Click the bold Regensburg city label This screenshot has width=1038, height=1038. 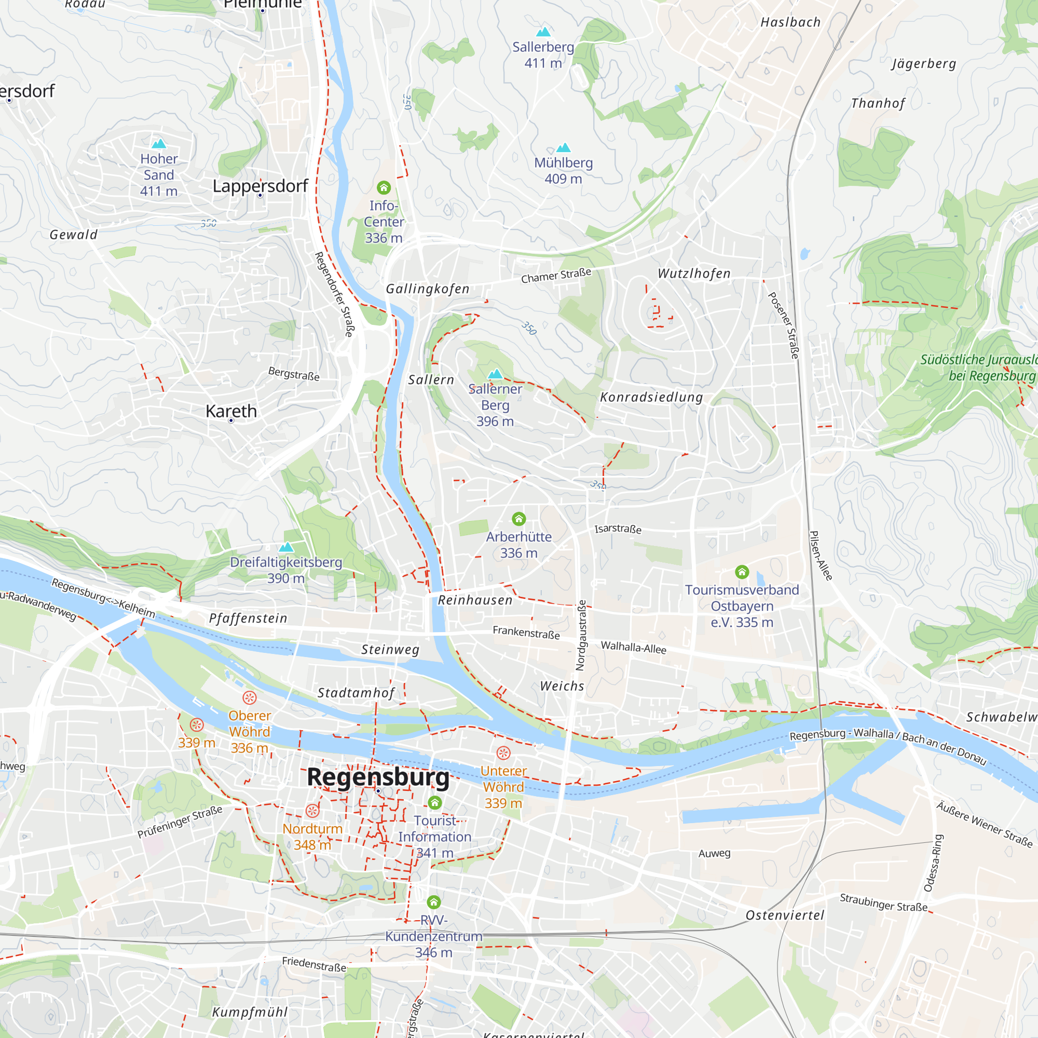(378, 777)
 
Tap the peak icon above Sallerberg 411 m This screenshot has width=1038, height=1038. (544, 32)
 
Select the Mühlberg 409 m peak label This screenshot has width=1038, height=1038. (563, 170)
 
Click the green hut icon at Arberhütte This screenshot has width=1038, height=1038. (518, 518)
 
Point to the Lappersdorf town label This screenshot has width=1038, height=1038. (260, 186)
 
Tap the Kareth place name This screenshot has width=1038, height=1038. (231, 411)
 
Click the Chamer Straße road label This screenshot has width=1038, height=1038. (556, 276)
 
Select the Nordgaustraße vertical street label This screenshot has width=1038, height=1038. (581, 635)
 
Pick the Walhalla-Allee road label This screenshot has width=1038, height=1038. (633, 647)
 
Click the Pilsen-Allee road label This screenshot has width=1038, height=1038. (821, 555)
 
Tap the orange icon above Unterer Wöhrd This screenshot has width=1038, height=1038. (503, 753)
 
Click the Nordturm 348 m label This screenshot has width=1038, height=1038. (312, 837)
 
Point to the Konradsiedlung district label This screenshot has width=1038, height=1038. (651, 397)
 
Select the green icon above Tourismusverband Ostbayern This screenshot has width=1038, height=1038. (742, 571)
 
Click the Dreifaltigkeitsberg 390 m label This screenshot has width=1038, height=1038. (286, 570)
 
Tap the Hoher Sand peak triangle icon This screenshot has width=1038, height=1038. (158, 143)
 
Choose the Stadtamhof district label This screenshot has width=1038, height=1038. (356, 692)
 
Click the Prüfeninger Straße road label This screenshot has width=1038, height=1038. (180, 822)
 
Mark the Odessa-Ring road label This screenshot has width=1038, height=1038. (933, 863)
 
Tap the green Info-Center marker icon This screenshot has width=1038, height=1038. (384, 187)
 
